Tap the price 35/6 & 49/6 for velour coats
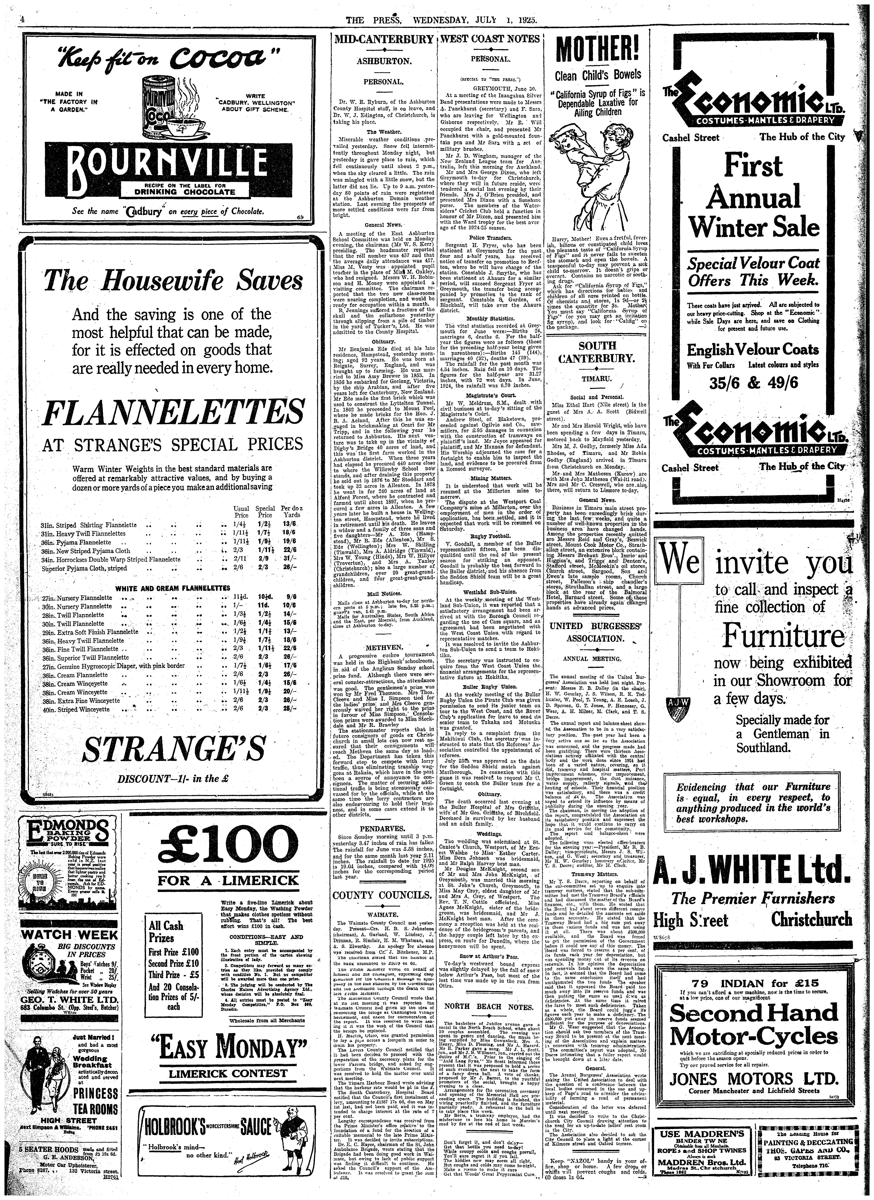754,382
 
